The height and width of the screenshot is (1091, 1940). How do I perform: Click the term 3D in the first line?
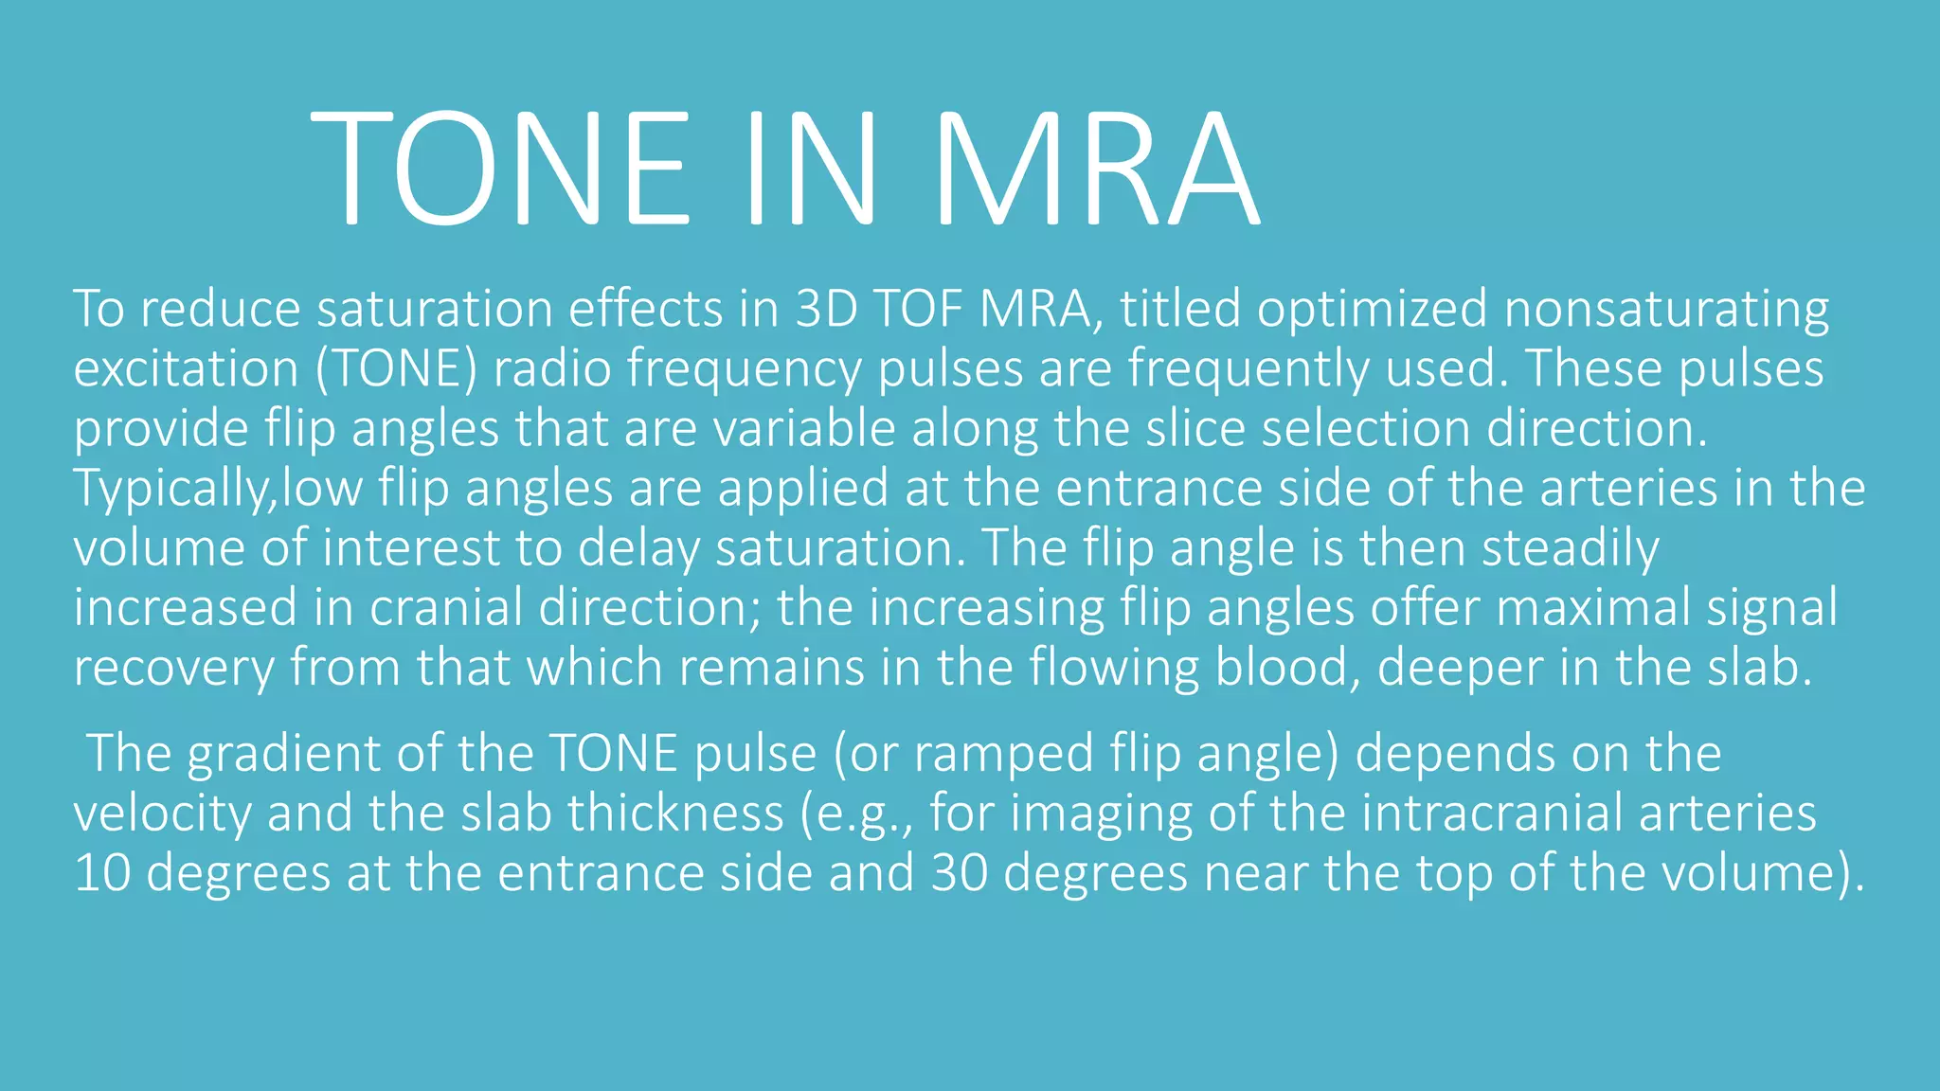(x=825, y=309)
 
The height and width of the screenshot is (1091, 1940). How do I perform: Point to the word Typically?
(x=171, y=490)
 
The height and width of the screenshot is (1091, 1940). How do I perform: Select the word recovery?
(x=173, y=669)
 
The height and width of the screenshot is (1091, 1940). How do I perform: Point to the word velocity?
(x=162, y=814)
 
